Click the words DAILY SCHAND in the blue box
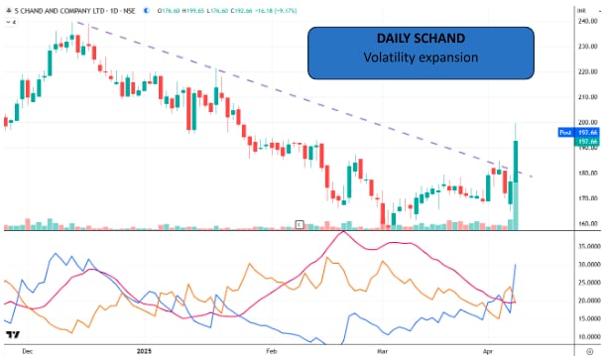421,39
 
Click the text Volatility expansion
421,58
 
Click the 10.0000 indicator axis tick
588,335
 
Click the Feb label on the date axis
270,350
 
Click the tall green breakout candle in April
517,159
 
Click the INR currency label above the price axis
583,9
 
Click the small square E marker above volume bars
299,224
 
